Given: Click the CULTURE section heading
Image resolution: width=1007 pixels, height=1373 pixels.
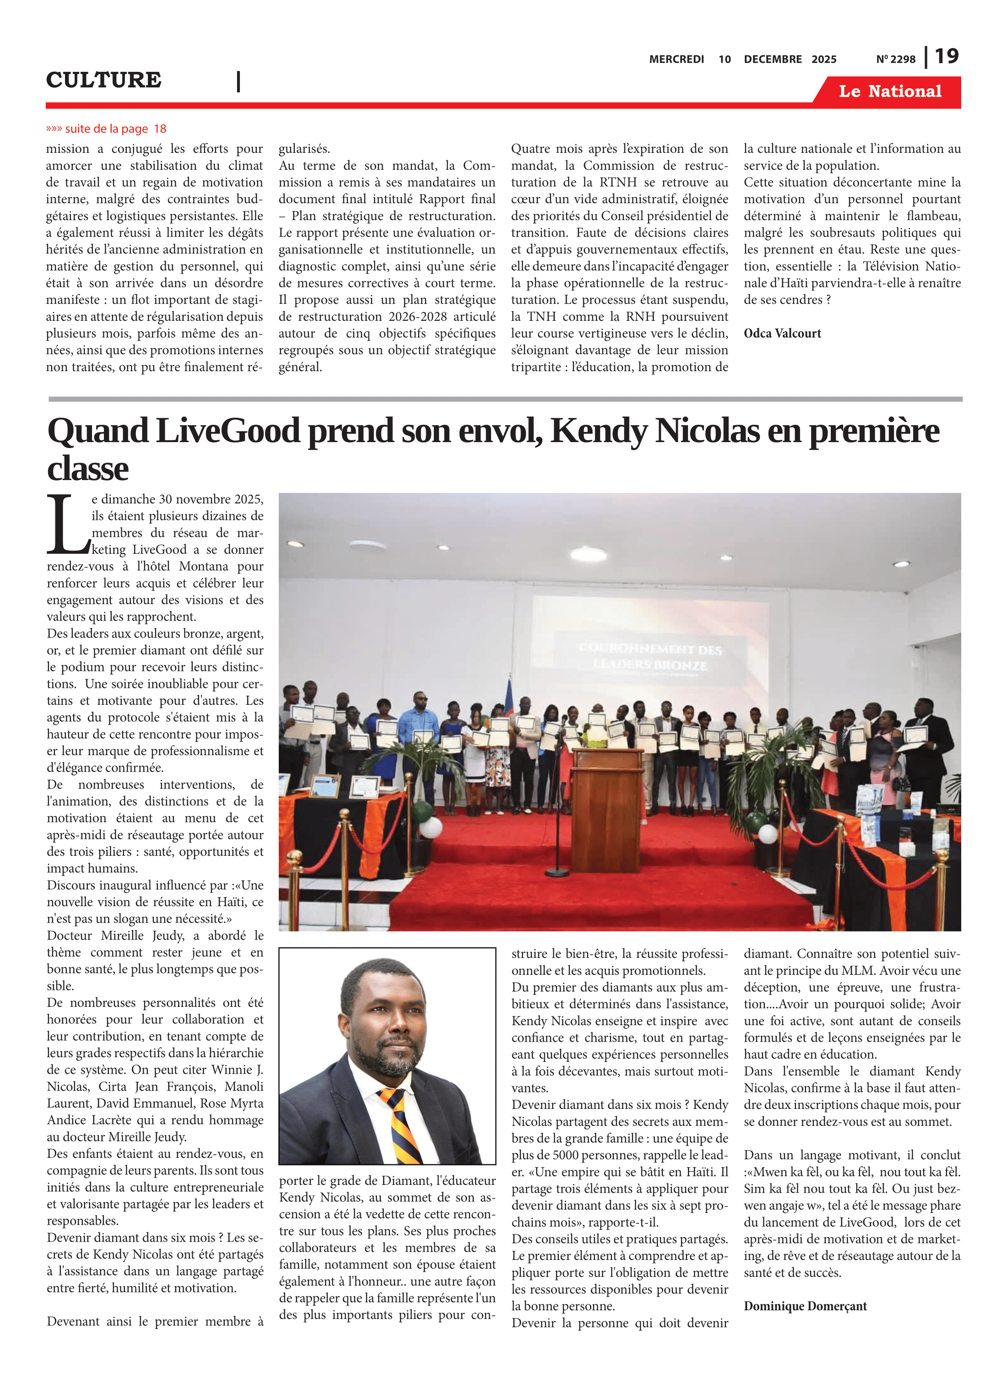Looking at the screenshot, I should [103, 80].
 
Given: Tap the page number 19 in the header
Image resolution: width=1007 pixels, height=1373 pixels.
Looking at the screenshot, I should [946, 57].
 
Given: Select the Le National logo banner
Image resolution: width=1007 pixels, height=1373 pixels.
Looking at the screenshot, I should [889, 92].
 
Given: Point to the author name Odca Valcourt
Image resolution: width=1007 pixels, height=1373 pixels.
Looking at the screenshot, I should [782, 333].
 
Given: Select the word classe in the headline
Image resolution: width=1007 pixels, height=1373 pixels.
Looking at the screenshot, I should [88, 469].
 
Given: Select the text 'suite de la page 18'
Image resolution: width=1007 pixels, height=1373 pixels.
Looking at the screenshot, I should [115, 129].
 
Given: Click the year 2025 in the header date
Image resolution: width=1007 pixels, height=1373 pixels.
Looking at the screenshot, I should [823, 59].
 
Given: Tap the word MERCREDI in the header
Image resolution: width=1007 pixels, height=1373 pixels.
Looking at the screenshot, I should [676, 59].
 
